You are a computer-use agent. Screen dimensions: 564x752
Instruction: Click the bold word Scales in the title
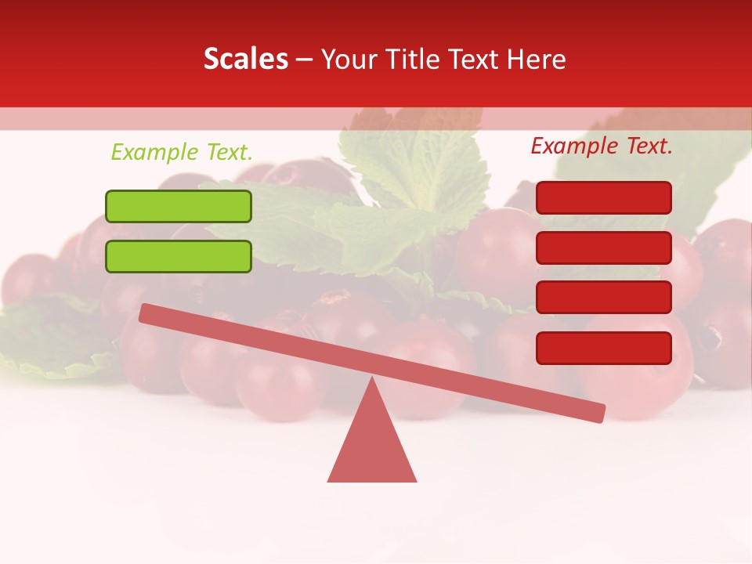pos(246,60)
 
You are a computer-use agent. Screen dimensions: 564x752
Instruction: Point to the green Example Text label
pos(182,152)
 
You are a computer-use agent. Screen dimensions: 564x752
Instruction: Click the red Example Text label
pos(602,146)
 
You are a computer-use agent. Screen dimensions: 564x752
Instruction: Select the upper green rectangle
pos(179,206)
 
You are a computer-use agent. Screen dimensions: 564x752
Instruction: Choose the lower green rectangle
pos(179,256)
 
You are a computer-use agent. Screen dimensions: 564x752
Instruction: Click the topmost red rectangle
pos(604,197)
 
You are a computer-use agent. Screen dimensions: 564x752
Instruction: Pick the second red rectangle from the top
pos(604,248)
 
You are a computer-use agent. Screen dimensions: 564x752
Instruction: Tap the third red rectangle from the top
pos(604,298)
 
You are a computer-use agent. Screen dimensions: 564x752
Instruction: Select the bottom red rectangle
pos(604,348)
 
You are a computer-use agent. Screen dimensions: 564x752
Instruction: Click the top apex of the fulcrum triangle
pos(372,380)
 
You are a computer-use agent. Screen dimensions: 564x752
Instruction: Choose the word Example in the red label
pos(575,146)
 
